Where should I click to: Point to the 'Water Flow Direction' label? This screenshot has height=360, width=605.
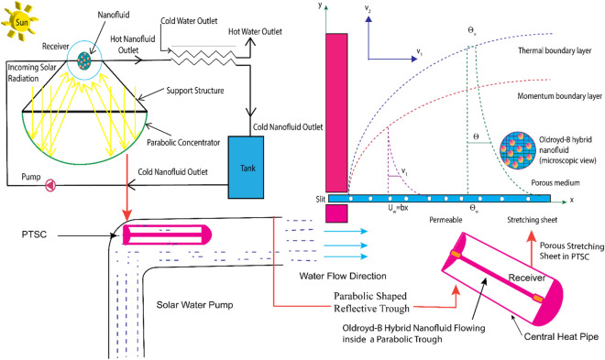point(327,277)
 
